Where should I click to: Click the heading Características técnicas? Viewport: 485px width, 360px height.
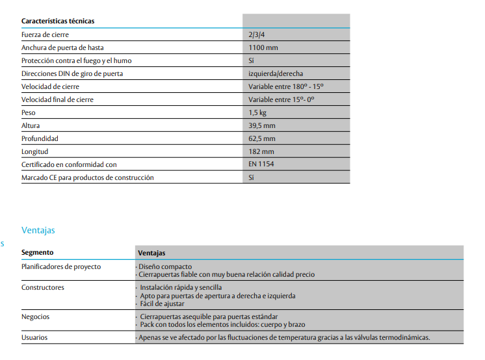[58, 21]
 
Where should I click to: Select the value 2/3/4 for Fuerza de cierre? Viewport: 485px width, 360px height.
[257, 34]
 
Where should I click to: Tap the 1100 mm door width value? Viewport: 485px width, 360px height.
[263, 47]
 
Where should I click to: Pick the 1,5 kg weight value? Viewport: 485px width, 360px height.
[257, 112]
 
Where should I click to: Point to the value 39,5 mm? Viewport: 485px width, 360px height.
[261, 125]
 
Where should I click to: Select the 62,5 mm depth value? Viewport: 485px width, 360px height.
[261, 138]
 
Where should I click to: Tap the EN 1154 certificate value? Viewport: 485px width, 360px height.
[261, 164]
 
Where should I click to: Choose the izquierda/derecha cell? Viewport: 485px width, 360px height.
[276, 73]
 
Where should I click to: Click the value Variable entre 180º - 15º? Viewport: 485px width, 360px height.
[286, 86]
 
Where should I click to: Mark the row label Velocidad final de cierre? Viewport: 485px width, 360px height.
[57, 99]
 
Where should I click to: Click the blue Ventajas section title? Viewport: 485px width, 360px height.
[38, 230]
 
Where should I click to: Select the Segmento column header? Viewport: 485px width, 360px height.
[38, 252]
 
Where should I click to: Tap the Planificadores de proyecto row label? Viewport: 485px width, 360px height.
[61, 266]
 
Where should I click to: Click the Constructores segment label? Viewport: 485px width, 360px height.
[43, 287]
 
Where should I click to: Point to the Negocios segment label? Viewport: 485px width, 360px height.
[36, 316]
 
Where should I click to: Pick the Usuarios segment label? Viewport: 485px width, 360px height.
[34, 337]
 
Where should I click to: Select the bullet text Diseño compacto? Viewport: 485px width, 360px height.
[165, 266]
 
